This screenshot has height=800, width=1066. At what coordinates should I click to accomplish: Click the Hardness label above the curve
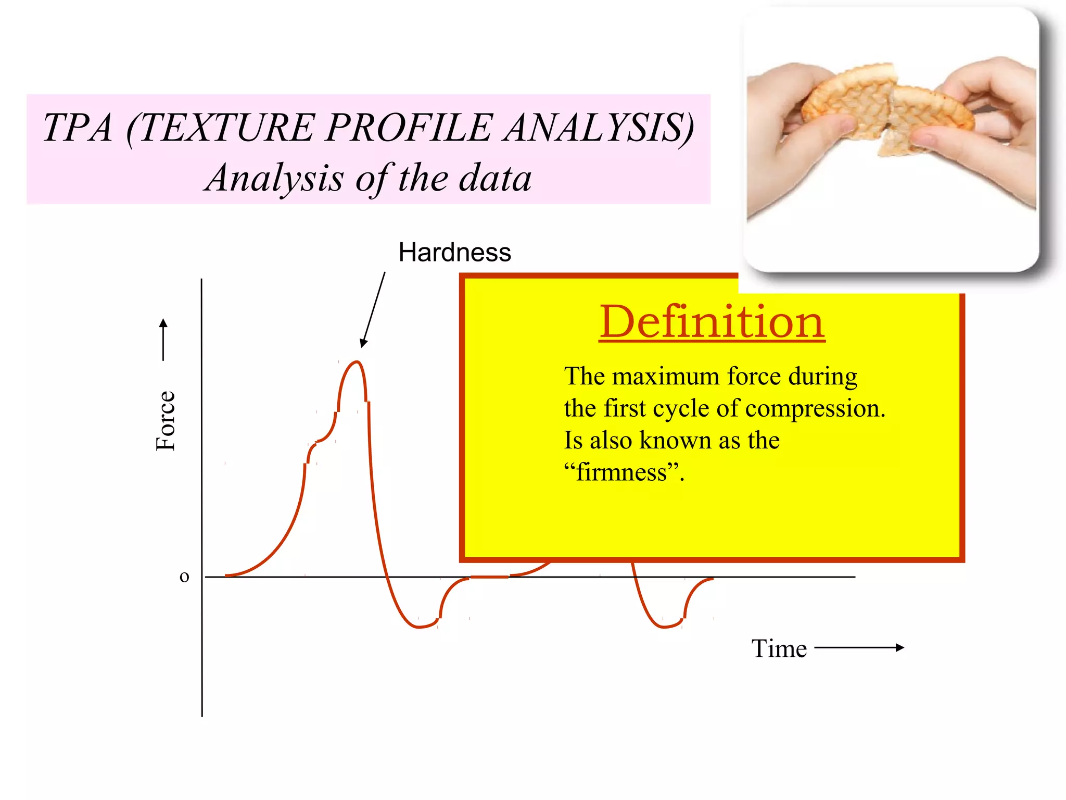454,253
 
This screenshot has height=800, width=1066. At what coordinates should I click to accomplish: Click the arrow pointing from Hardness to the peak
373,310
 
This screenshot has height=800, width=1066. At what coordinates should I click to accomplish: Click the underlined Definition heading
712,322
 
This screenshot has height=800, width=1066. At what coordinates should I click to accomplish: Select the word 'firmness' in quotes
622,472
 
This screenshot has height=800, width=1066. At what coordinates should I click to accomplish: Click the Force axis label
166,420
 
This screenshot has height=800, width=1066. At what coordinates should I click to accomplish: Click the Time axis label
779,649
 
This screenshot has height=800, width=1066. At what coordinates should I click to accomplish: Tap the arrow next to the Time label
859,648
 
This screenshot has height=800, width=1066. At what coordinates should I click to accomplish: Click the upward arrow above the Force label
163,339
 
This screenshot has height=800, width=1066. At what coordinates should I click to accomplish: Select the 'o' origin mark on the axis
184,577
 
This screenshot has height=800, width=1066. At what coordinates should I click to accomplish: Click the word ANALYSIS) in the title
599,128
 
